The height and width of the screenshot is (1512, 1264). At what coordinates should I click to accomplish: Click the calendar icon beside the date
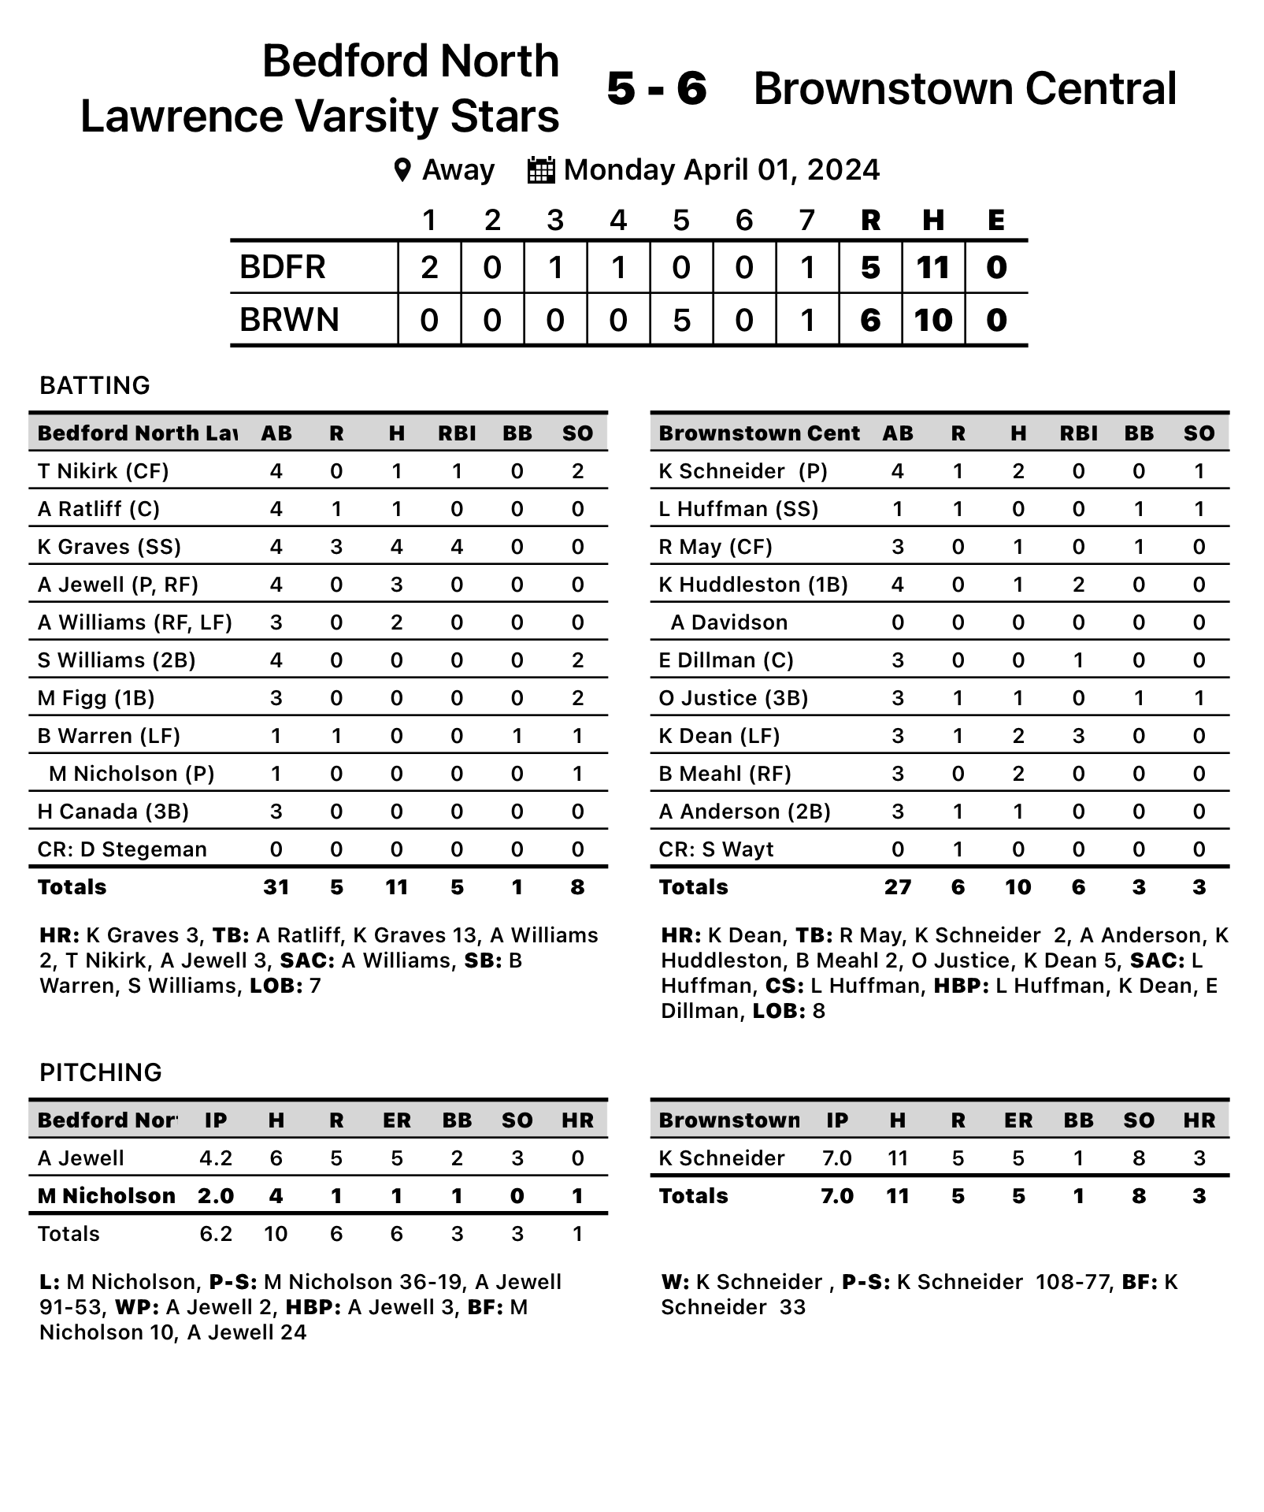[540, 170]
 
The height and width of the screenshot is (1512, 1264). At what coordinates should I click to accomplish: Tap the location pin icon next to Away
[402, 170]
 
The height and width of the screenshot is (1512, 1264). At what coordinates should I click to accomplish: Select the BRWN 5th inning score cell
[681, 320]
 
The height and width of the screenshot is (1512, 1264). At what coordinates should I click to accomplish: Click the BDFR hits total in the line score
[933, 268]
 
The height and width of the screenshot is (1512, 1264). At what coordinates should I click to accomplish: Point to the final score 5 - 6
[656, 88]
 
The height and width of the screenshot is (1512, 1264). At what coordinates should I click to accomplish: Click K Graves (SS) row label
[109, 547]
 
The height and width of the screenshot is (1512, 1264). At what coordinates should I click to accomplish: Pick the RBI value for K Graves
[457, 547]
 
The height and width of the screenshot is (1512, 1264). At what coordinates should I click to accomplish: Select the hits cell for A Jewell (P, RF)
[397, 585]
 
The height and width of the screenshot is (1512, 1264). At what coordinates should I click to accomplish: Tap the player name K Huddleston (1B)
[753, 585]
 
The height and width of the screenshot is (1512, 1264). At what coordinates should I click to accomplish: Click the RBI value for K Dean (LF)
[1078, 736]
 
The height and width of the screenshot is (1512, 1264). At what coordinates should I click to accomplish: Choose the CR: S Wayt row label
[716, 849]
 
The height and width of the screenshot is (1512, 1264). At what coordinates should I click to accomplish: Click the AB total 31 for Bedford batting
[276, 887]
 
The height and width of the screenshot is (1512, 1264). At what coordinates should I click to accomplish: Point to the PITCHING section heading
[101, 1072]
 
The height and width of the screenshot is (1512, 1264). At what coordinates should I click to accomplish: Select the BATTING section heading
[95, 385]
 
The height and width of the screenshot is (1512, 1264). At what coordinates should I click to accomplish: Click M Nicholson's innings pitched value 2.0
[216, 1196]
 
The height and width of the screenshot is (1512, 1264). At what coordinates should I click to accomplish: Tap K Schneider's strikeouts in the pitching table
[1139, 1158]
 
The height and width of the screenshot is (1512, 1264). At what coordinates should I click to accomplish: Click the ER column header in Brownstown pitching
[1018, 1120]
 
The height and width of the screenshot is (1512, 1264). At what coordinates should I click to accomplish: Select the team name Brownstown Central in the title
[965, 88]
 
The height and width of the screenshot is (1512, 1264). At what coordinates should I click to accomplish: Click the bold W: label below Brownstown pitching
[674, 1282]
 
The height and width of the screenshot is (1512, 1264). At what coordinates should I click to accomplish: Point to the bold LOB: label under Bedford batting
[272, 986]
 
